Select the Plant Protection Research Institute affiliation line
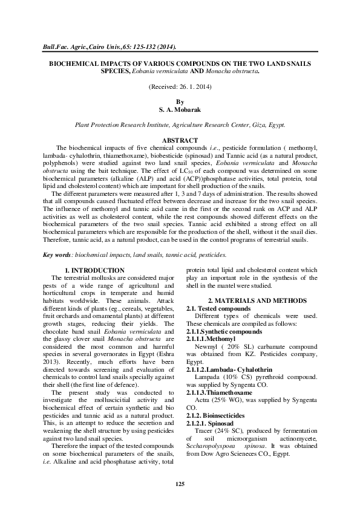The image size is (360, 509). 179,126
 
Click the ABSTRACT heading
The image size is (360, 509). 179,140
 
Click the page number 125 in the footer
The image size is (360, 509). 179,485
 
